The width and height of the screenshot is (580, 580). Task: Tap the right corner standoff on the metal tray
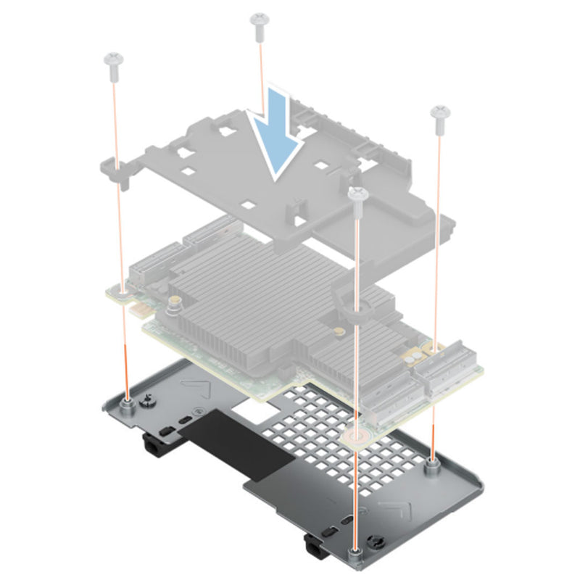tap(433, 464)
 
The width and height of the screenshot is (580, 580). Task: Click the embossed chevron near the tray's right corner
tap(397, 508)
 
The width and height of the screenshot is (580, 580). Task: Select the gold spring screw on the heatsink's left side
tap(175, 302)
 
